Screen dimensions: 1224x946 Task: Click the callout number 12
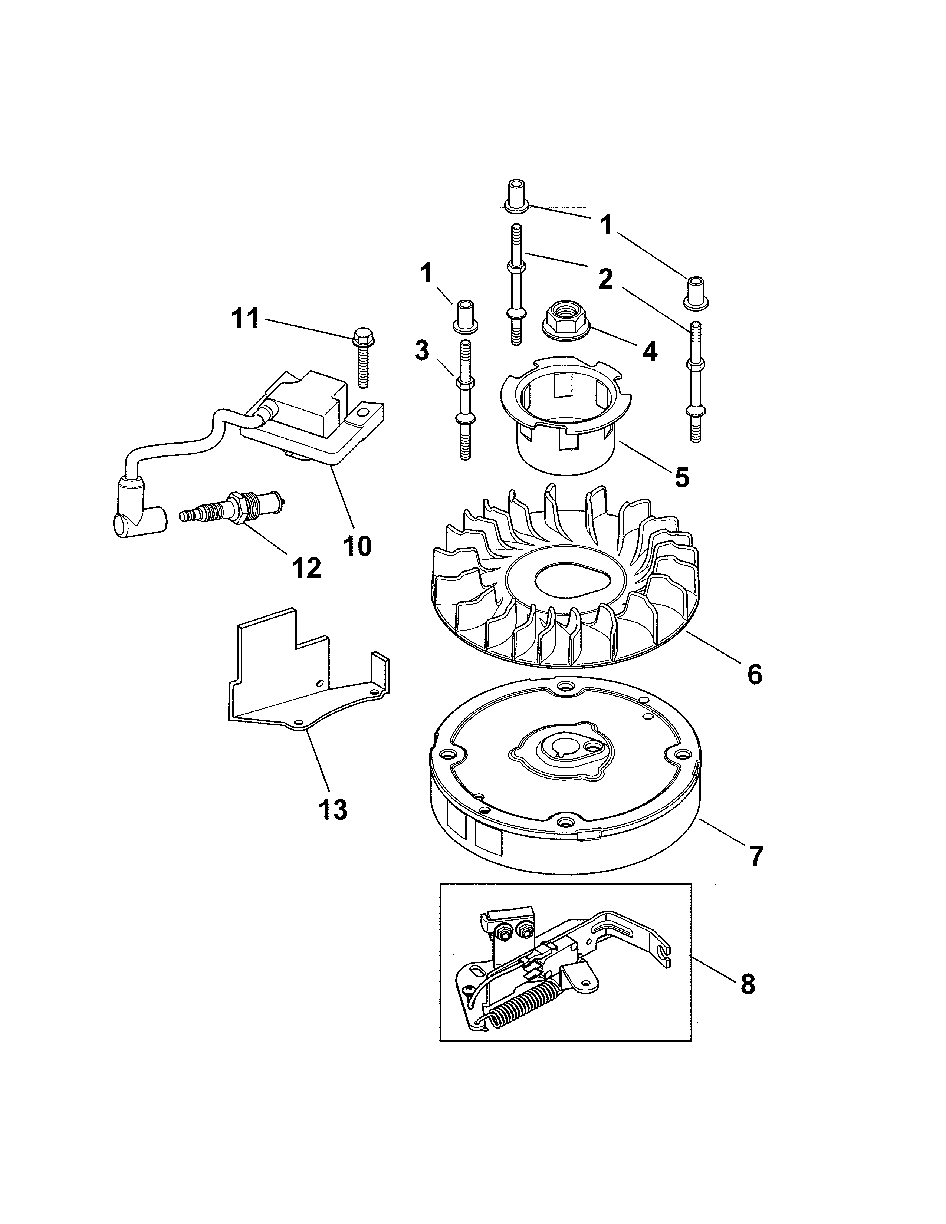coord(306,567)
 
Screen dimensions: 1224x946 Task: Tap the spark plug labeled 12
coord(234,507)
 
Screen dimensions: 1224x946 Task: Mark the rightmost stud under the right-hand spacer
coord(694,381)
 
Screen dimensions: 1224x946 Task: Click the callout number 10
coord(357,545)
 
